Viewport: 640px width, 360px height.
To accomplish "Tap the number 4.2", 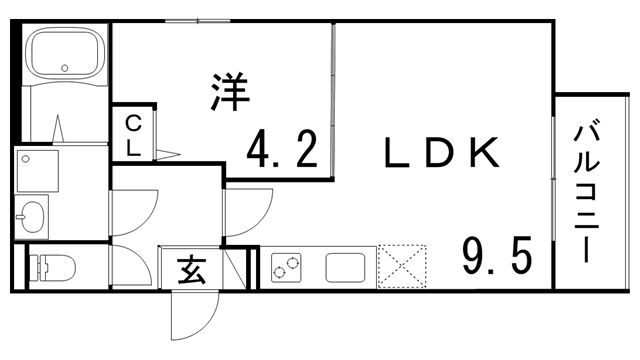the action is click(283, 151).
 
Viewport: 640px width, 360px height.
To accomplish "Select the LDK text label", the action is click(440, 152).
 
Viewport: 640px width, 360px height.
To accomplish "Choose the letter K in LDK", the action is click(483, 152).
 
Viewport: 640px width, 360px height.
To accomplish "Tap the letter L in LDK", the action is click(397, 152).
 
